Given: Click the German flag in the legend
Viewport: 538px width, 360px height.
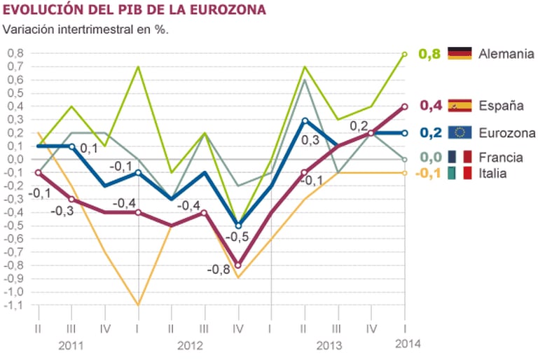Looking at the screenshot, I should click(460, 53).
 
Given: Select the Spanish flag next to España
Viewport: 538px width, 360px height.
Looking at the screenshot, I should click(460, 106).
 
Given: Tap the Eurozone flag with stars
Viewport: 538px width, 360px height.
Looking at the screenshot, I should click(460, 132).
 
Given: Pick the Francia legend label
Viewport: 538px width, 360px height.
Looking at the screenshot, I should click(499, 158).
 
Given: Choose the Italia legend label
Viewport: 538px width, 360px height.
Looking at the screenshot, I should click(493, 172).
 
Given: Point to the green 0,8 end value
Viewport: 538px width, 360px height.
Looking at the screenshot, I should click(429, 53).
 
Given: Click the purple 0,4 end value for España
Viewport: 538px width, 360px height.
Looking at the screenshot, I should click(429, 106).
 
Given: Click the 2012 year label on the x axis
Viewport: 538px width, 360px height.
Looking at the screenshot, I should click(189, 345).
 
